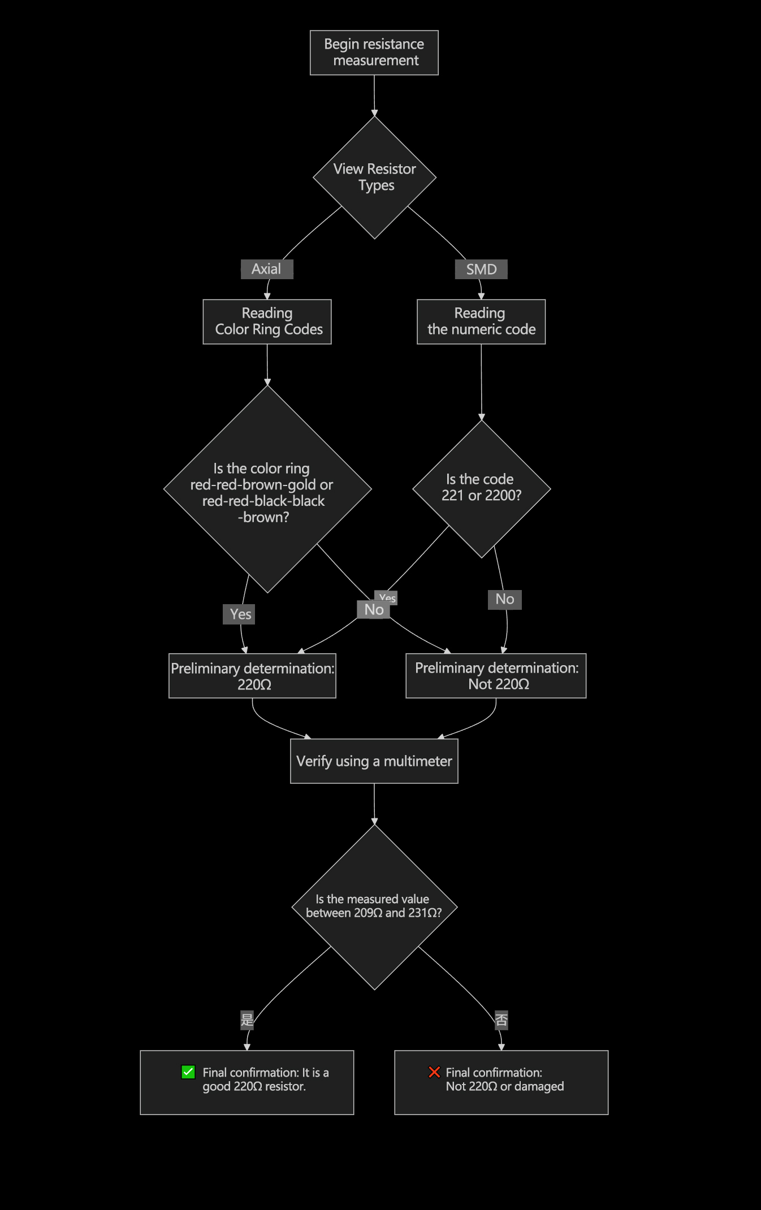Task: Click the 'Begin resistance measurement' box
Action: click(x=374, y=53)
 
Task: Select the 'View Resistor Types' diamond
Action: click(x=374, y=177)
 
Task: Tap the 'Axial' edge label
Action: click(x=266, y=269)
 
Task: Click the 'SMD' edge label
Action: click(x=481, y=270)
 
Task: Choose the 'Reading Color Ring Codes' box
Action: click(x=267, y=322)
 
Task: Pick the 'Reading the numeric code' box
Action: click(x=481, y=322)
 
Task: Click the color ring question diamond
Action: click(x=267, y=489)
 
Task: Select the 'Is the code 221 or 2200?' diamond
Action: click(x=481, y=488)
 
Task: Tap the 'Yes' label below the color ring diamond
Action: click(x=240, y=614)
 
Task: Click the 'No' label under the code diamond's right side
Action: click(x=504, y=599)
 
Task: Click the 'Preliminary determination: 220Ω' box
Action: click(x=252, y=676)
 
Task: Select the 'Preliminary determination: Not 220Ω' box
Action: click(x=496, y=676)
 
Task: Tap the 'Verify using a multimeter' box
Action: click(x=374, y=761)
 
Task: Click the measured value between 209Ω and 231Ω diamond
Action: click(x=374, y=907)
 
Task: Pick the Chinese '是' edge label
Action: click(x=247, y=1020)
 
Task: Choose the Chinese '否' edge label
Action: click(x=501, y=1020)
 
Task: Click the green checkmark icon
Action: click(x=188, y=1072)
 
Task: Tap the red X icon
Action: click(x=434, y=1072)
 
